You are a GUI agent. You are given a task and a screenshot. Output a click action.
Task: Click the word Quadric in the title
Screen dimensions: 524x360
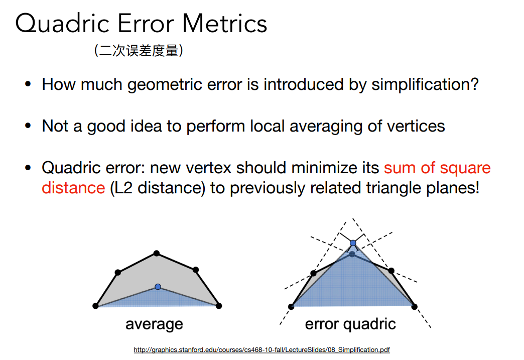[x=63, y=24]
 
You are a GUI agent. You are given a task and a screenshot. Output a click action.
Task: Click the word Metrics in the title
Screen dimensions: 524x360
[x=224, y=24]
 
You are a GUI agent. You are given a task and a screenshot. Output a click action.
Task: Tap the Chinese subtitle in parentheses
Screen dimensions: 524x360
[x=139, y=51]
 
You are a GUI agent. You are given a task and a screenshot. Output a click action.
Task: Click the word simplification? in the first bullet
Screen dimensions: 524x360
[x=425, y=84]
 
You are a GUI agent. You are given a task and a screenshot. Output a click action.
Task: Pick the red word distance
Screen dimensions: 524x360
[x=73, y=187]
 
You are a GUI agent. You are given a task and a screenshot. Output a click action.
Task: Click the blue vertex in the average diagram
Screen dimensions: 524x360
[x=158, y=287]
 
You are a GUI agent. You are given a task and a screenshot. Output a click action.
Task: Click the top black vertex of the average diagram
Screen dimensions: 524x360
[x=157, y=254]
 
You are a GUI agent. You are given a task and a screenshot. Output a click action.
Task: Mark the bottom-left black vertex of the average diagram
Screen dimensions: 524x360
[x=95, y=305]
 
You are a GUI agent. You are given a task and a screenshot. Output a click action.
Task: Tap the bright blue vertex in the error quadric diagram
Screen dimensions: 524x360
[x=353, y=243]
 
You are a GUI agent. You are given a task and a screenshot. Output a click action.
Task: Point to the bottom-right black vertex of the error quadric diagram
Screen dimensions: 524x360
[x=415, y=306]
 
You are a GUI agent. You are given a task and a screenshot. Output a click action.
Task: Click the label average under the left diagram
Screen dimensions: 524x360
[x=154, y=324]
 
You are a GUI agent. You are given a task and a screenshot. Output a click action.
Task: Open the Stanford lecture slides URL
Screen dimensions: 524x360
[x=261, y=349]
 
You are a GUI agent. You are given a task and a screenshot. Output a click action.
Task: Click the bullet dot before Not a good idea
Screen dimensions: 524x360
[x=28, y=126]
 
